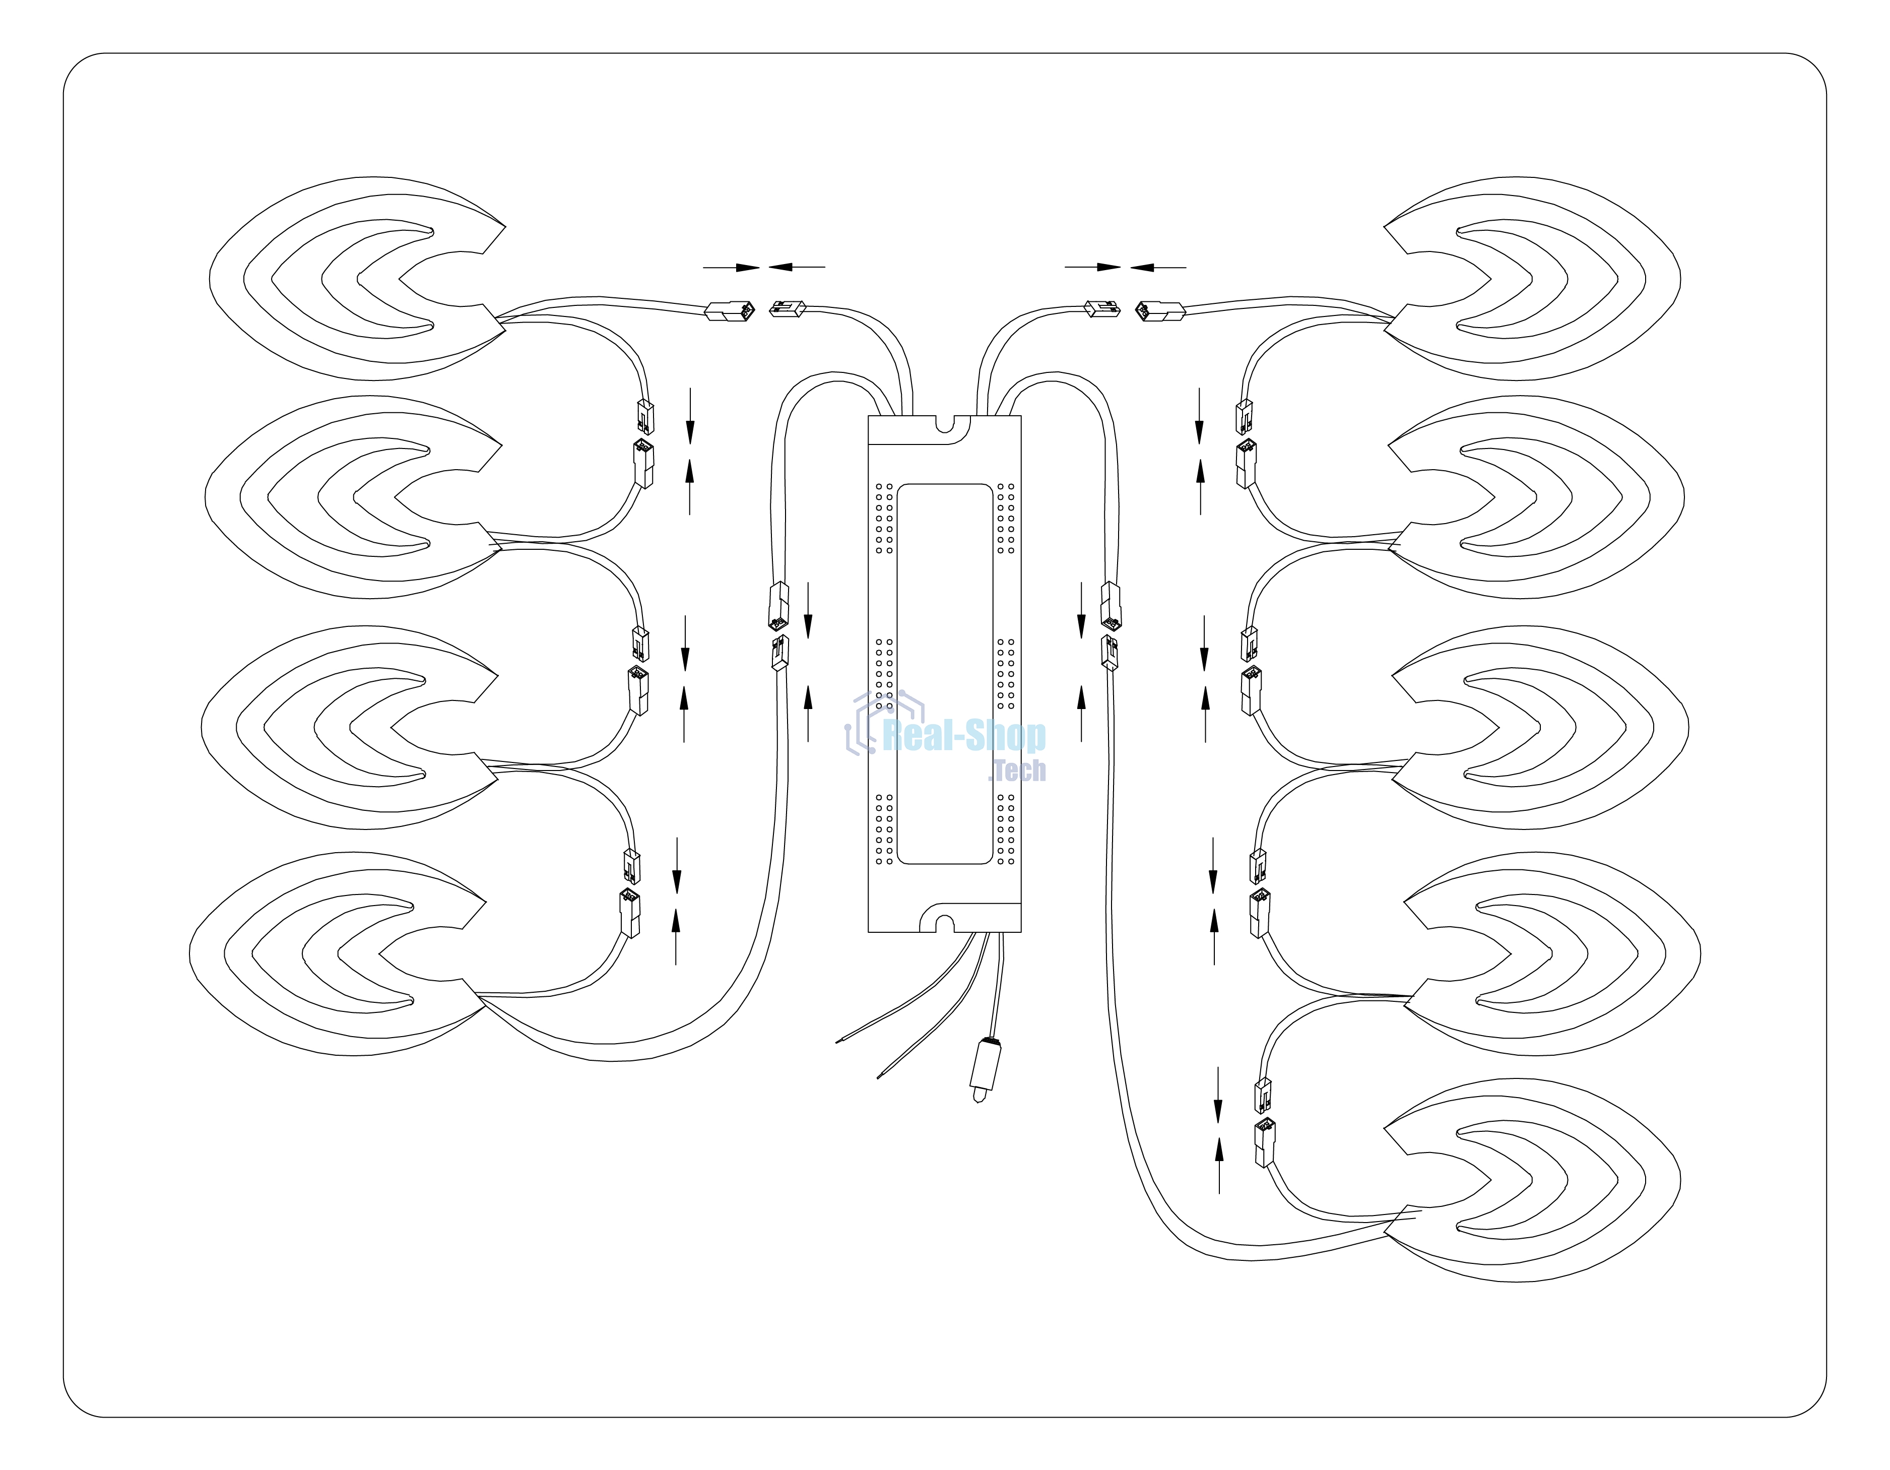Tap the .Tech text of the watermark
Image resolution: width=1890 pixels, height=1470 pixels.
tap(1018, 770)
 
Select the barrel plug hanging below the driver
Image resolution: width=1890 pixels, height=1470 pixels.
tap(986, 1068)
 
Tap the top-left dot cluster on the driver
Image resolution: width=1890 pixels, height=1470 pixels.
tap(884, 518)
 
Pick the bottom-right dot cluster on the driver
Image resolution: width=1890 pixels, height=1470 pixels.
tap(1006, 828)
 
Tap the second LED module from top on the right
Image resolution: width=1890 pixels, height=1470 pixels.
tap(1536, 497)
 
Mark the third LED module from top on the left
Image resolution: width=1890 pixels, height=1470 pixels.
tap(350, 727)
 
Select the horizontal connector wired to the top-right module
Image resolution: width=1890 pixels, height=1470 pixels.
tap(1159, 311)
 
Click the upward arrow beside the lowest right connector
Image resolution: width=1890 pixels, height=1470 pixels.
tap(1219, 1166)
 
